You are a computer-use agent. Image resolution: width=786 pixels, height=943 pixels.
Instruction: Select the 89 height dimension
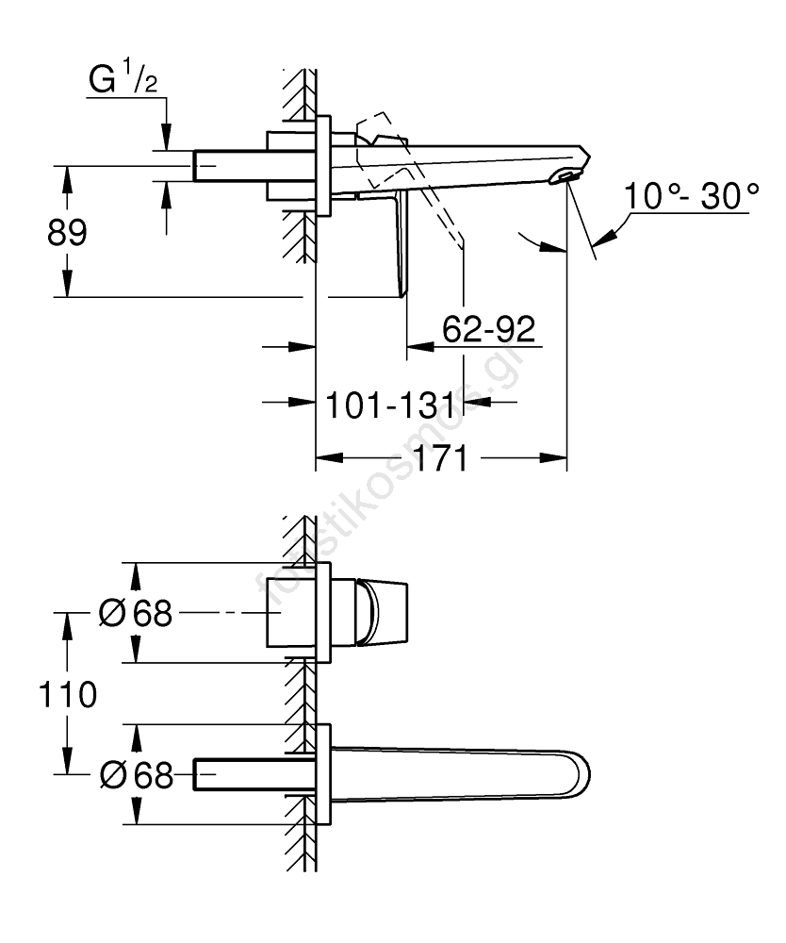pyautogui.click(x=67, y=232)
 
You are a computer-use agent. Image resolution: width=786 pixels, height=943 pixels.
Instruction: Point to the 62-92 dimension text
pyautogui.click(x=488, y=329)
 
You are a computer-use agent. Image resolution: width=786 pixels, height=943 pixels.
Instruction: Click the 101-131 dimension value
pyautogui.click(x=390, y=405)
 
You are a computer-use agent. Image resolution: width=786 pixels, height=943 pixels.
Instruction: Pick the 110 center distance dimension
pyautogui.click(x=67, y=694)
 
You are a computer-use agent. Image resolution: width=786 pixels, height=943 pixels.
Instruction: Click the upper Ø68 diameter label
pyautogui.click(x=135, y=613)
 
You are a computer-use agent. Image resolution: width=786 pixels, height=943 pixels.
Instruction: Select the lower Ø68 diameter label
pyautogui.click(x=136, y=774)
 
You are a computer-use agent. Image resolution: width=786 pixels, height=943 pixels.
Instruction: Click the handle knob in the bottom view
pyautogui.click(x=383, y=613)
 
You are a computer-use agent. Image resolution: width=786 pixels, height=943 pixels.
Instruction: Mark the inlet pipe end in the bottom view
pyautogui.click(x=196, y=774)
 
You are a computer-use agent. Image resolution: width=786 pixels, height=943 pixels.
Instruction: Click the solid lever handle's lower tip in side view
pyautogui.click(x=402, y=294)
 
